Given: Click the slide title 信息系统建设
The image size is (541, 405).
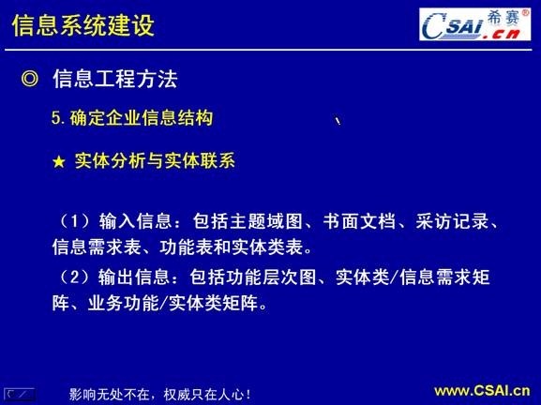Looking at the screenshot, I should point(83,26).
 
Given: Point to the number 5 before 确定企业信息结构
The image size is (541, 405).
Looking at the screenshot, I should point(55,119).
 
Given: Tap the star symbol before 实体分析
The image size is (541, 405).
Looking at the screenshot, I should point(58,162).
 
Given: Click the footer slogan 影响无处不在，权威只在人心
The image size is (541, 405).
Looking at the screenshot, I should point(160,394).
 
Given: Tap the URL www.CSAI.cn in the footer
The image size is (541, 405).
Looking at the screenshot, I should point(481,391).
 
